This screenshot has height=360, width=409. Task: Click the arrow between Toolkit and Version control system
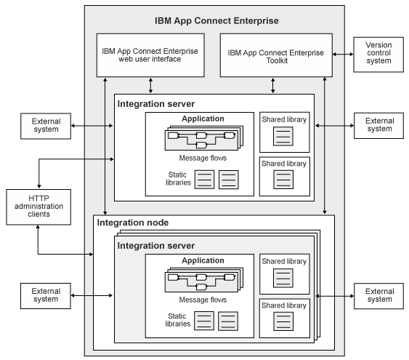[342, 55]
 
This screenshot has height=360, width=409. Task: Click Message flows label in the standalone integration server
[200, 156]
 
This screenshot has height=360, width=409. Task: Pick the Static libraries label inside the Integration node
[177, 319]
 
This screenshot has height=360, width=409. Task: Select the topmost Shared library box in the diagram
[285, 132]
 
